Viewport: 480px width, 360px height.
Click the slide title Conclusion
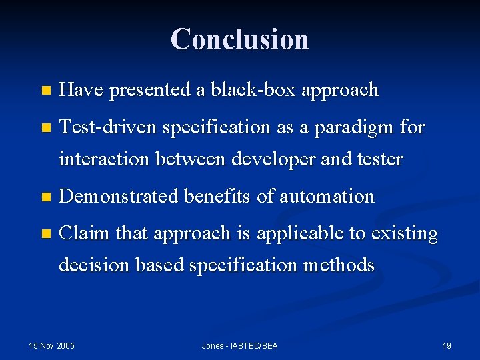click(239, 39)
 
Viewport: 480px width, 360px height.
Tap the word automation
click(327, 197)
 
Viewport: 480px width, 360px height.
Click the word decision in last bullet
click(95, 265)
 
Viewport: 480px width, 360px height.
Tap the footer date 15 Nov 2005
click(51, 345)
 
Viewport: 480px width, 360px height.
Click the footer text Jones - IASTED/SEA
click(239, 345)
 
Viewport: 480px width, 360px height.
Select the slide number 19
click(447, 345)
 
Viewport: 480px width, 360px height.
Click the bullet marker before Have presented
click(45, 91)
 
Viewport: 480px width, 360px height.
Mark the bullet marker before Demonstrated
click(45, 197)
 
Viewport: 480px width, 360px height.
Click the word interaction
click(109, 159)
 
